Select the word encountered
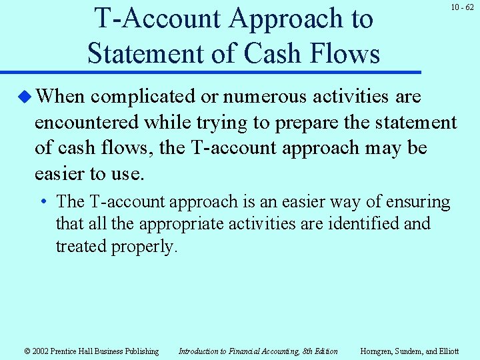pyautogui.click(x=87, y=123)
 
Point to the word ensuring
pyautogui.click(x=417, y=201)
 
